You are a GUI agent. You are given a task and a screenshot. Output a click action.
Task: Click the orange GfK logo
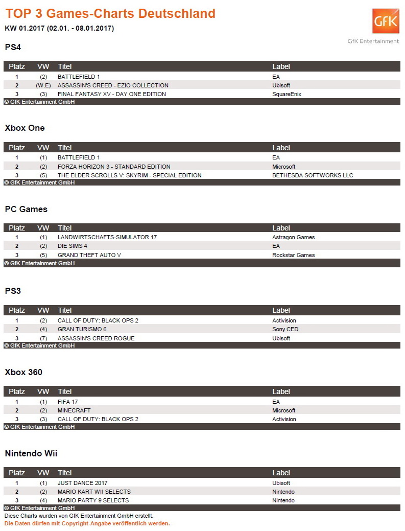coord(386,21)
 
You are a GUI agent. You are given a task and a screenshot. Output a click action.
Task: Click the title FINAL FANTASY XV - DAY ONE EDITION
coord(112,94)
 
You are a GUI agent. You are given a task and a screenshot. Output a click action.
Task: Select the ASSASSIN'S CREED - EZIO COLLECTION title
coord(113,85)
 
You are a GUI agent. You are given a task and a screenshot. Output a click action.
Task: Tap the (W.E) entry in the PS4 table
coord(43,85)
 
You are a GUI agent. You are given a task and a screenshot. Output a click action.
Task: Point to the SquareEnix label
coord(287,94)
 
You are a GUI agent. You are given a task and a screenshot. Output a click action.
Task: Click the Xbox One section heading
coord(25,128)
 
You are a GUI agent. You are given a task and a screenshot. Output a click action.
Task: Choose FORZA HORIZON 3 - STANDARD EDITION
coord(114,167)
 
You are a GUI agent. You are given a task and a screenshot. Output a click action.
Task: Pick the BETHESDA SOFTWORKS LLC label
coord(313,175)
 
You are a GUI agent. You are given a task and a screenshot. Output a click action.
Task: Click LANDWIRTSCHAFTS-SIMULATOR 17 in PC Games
coord(107,237)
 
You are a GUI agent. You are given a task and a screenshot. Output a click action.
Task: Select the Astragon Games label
coord(294,237)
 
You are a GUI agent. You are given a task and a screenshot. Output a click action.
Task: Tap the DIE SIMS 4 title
coord(73,246)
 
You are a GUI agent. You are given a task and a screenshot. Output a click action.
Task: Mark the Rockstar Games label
coord(294,255)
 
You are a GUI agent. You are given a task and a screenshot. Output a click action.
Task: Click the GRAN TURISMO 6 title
coord(82,329)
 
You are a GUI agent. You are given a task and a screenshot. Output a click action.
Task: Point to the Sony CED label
coord(285,329)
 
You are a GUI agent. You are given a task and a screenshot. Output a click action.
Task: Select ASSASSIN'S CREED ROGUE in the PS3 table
coord(96,338)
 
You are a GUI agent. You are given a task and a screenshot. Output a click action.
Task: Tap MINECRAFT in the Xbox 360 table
coord(74,410)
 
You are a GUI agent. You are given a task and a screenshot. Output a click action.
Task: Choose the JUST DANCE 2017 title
coord(83,483)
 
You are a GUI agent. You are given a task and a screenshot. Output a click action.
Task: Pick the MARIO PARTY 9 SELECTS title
coord(93,500)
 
